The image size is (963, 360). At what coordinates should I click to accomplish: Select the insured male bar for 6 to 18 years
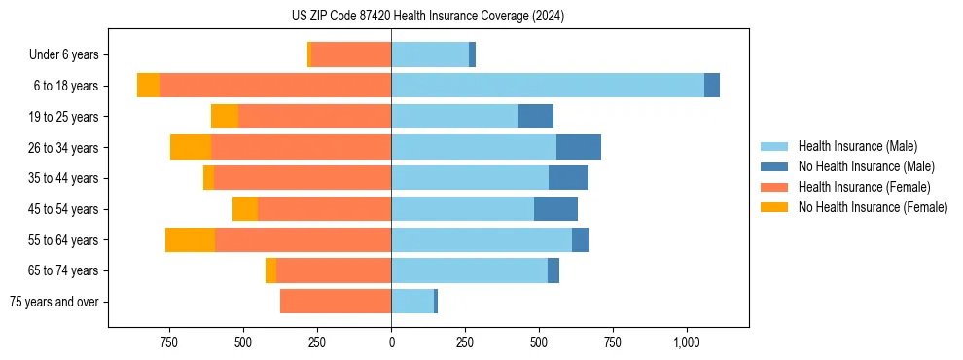(x=548, y=86)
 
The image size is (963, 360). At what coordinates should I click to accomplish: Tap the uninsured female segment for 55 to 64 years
(x=190, y=239)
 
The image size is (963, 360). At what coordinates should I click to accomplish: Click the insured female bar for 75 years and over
(x=336, y=302)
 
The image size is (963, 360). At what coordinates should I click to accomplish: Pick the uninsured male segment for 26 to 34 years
(x=579, y=147)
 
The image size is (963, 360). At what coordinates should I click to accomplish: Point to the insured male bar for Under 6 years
(x=430, y=54)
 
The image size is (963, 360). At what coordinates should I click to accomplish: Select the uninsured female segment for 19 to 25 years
(x=225, y=117)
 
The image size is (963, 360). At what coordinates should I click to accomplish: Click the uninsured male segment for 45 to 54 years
(x=555, y=209)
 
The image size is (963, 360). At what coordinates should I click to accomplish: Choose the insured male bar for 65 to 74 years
(x=469, y=270)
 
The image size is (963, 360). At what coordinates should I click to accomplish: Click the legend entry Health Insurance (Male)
(x=857, y=146)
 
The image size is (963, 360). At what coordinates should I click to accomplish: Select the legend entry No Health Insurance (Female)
(x=873, y=207)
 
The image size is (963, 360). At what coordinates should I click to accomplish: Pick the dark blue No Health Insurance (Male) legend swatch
(x=774, y=166)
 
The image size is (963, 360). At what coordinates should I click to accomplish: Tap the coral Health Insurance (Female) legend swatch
(x=774, y=187)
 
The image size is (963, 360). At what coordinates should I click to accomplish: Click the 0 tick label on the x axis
(x=391, y=342)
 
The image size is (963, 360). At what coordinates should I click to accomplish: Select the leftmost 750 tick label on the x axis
(x=168, y=342)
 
